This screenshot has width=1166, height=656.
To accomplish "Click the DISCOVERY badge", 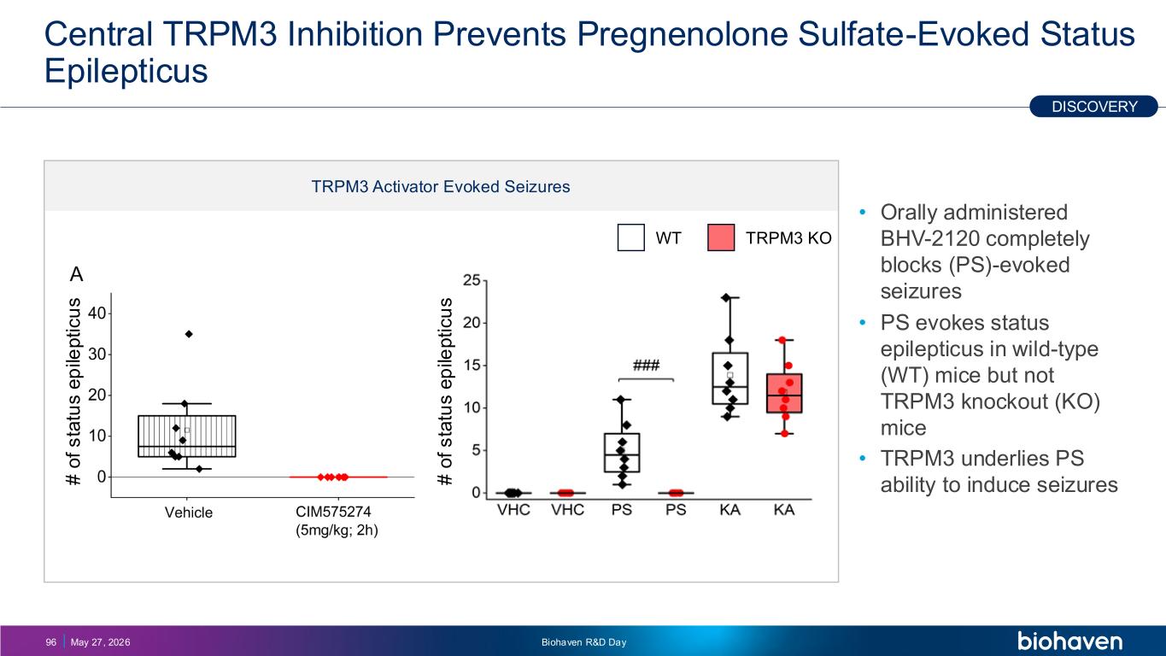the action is point(1093,106).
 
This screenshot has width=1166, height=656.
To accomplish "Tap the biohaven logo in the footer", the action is point(1069,641).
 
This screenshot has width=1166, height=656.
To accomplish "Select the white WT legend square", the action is point(631,237).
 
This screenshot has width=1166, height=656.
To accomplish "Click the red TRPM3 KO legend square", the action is point(721,237).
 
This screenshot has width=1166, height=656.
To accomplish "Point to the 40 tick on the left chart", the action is point(97,313).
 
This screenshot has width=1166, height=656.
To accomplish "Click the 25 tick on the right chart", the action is point(472,280).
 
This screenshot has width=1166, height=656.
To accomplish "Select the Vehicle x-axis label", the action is point(189,512).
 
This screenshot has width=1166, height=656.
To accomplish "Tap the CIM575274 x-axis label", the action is point(333,512).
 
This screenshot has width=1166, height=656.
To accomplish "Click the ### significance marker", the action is point(646,365).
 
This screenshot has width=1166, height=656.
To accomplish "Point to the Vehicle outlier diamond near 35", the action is point(189,334).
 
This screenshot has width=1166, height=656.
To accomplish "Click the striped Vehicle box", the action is point(187,436).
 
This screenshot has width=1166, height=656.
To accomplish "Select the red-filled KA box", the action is point(784,393).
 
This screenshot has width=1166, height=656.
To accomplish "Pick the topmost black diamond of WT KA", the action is point(725,298).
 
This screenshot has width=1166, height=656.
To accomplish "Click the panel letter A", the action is point(77,274).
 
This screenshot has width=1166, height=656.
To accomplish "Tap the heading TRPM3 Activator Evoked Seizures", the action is point(441,186).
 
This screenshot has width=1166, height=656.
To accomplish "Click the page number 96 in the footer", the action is point(51,642).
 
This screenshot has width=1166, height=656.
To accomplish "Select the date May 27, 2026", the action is point(101,642).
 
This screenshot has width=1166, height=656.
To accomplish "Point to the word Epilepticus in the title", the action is point(126,71).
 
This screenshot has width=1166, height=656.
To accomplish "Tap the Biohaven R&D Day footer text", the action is point(583,642).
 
